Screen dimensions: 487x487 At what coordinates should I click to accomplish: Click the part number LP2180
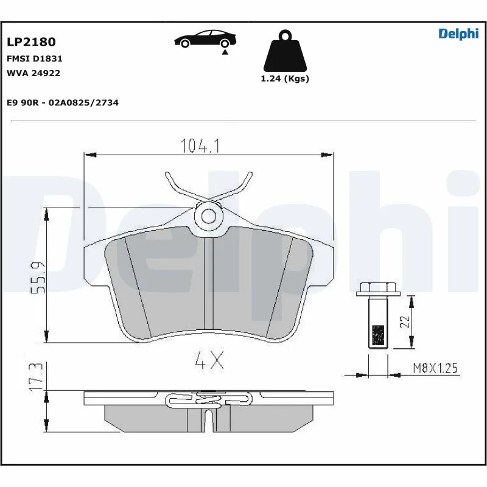click(31, 42)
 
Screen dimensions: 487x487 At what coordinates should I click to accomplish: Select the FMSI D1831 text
click(34, 59)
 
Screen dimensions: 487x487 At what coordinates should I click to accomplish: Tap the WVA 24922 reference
click(33, 73)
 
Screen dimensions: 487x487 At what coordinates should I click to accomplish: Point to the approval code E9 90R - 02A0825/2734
click(63, 103)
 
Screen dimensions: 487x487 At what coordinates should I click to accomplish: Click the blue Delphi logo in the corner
click(458, 34)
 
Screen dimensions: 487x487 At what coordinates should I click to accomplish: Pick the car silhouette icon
click(205, 38)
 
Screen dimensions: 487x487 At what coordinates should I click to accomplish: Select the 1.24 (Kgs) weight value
click(284, 79)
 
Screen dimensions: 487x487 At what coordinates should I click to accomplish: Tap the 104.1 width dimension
click(200, 146)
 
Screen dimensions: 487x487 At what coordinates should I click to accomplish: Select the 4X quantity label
click(209, 362)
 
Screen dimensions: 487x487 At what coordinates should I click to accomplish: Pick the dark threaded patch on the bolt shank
click(377, 335)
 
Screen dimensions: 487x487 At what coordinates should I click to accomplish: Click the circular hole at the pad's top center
click(209, 215)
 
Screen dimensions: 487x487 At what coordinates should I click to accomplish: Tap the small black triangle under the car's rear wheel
click(225, 53)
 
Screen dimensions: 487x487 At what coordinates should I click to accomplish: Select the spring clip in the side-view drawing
click(209, 399)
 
